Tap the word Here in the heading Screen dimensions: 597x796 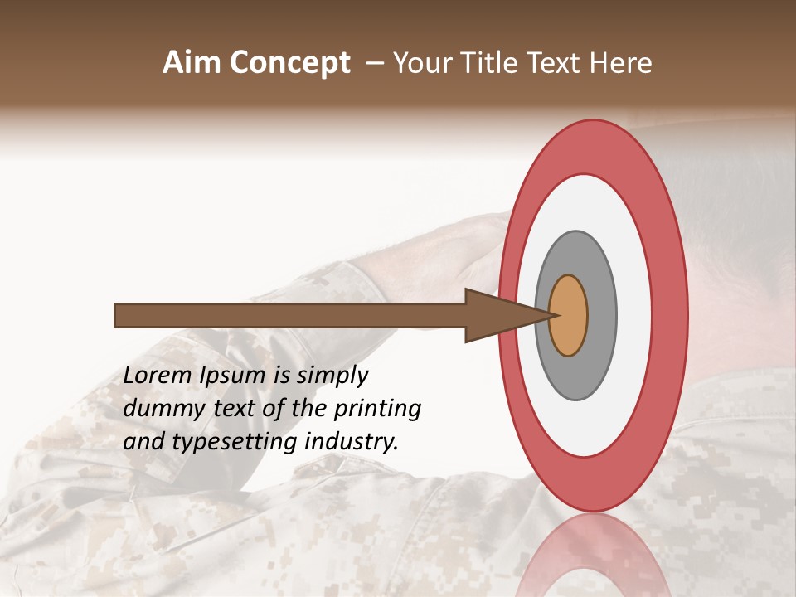[x=621, y=63]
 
